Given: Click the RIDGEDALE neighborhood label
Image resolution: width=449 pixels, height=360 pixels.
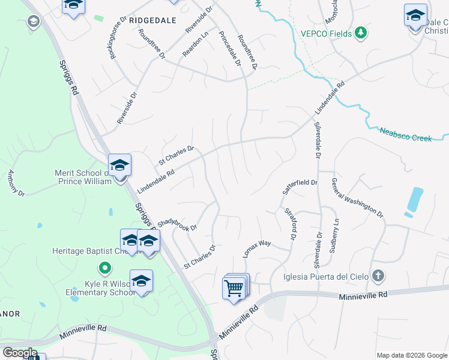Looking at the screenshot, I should click(x=152, y=20).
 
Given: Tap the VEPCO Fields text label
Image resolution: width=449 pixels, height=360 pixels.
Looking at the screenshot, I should click(x=326, y=33).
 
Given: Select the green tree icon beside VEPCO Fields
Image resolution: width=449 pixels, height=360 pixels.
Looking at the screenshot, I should click(x=361, y=32).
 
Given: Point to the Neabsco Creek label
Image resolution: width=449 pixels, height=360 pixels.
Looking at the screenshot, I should click(x=405, y=134).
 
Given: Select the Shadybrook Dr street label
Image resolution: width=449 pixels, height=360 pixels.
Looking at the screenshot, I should click(x=177, y=223).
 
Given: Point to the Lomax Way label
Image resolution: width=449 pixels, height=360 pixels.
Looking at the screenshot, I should click(x=258, y=249).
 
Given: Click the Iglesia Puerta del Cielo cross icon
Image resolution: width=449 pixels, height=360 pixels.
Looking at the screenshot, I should click(x=377, y=276).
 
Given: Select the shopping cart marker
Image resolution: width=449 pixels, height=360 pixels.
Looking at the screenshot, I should click(x=235, y=288).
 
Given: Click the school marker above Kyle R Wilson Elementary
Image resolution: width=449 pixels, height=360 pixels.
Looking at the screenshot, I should click(x=141, y=281).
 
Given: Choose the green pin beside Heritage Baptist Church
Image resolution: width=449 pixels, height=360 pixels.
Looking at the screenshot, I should click(x=105, y=268).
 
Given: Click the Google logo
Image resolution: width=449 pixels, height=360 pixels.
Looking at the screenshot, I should click(x=20, y=352).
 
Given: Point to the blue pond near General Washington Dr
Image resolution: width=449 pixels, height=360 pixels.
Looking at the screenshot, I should click(x=414, y=200).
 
